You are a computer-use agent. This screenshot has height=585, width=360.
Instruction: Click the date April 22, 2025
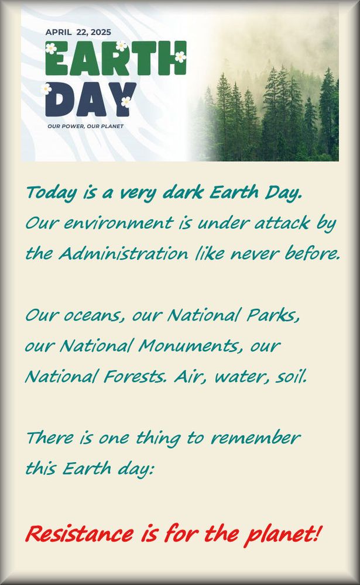coord(78,32)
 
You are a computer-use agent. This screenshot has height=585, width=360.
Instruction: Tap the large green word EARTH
coord(116,58)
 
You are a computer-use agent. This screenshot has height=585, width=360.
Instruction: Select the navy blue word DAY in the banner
coord(90,99)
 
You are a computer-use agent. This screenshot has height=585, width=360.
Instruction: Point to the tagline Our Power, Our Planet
coord(85,126)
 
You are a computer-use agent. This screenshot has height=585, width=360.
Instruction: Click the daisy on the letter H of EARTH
coord(180,57)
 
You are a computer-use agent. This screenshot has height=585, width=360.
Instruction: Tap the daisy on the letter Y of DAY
coord(126,101)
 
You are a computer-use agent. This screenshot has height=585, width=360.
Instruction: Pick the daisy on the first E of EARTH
coord(51,48)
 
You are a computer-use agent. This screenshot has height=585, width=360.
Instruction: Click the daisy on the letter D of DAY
coord(46,89)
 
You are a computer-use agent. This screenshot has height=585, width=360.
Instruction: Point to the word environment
coord(118,223)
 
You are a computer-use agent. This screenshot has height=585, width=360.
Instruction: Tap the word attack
coord(282,223)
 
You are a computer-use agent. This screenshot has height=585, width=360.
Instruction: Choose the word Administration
coord(124,254)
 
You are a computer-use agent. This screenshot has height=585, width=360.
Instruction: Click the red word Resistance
coord(80,534)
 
